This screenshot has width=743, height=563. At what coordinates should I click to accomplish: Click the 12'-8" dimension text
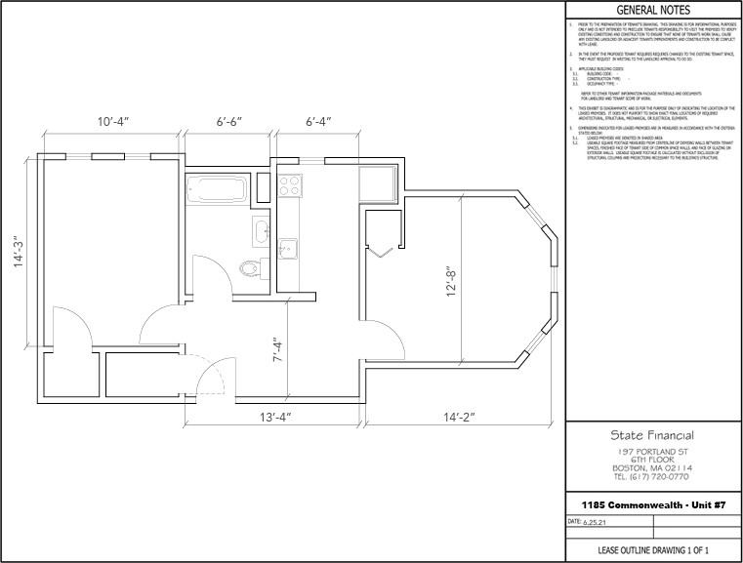point(451,283)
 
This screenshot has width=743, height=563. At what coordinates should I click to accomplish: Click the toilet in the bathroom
point(250,265)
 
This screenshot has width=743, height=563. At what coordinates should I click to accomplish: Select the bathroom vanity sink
point(260,231)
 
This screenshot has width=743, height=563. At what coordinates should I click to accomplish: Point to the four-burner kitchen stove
point(289,182)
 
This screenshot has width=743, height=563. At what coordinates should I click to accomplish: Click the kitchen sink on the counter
point(288,248)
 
